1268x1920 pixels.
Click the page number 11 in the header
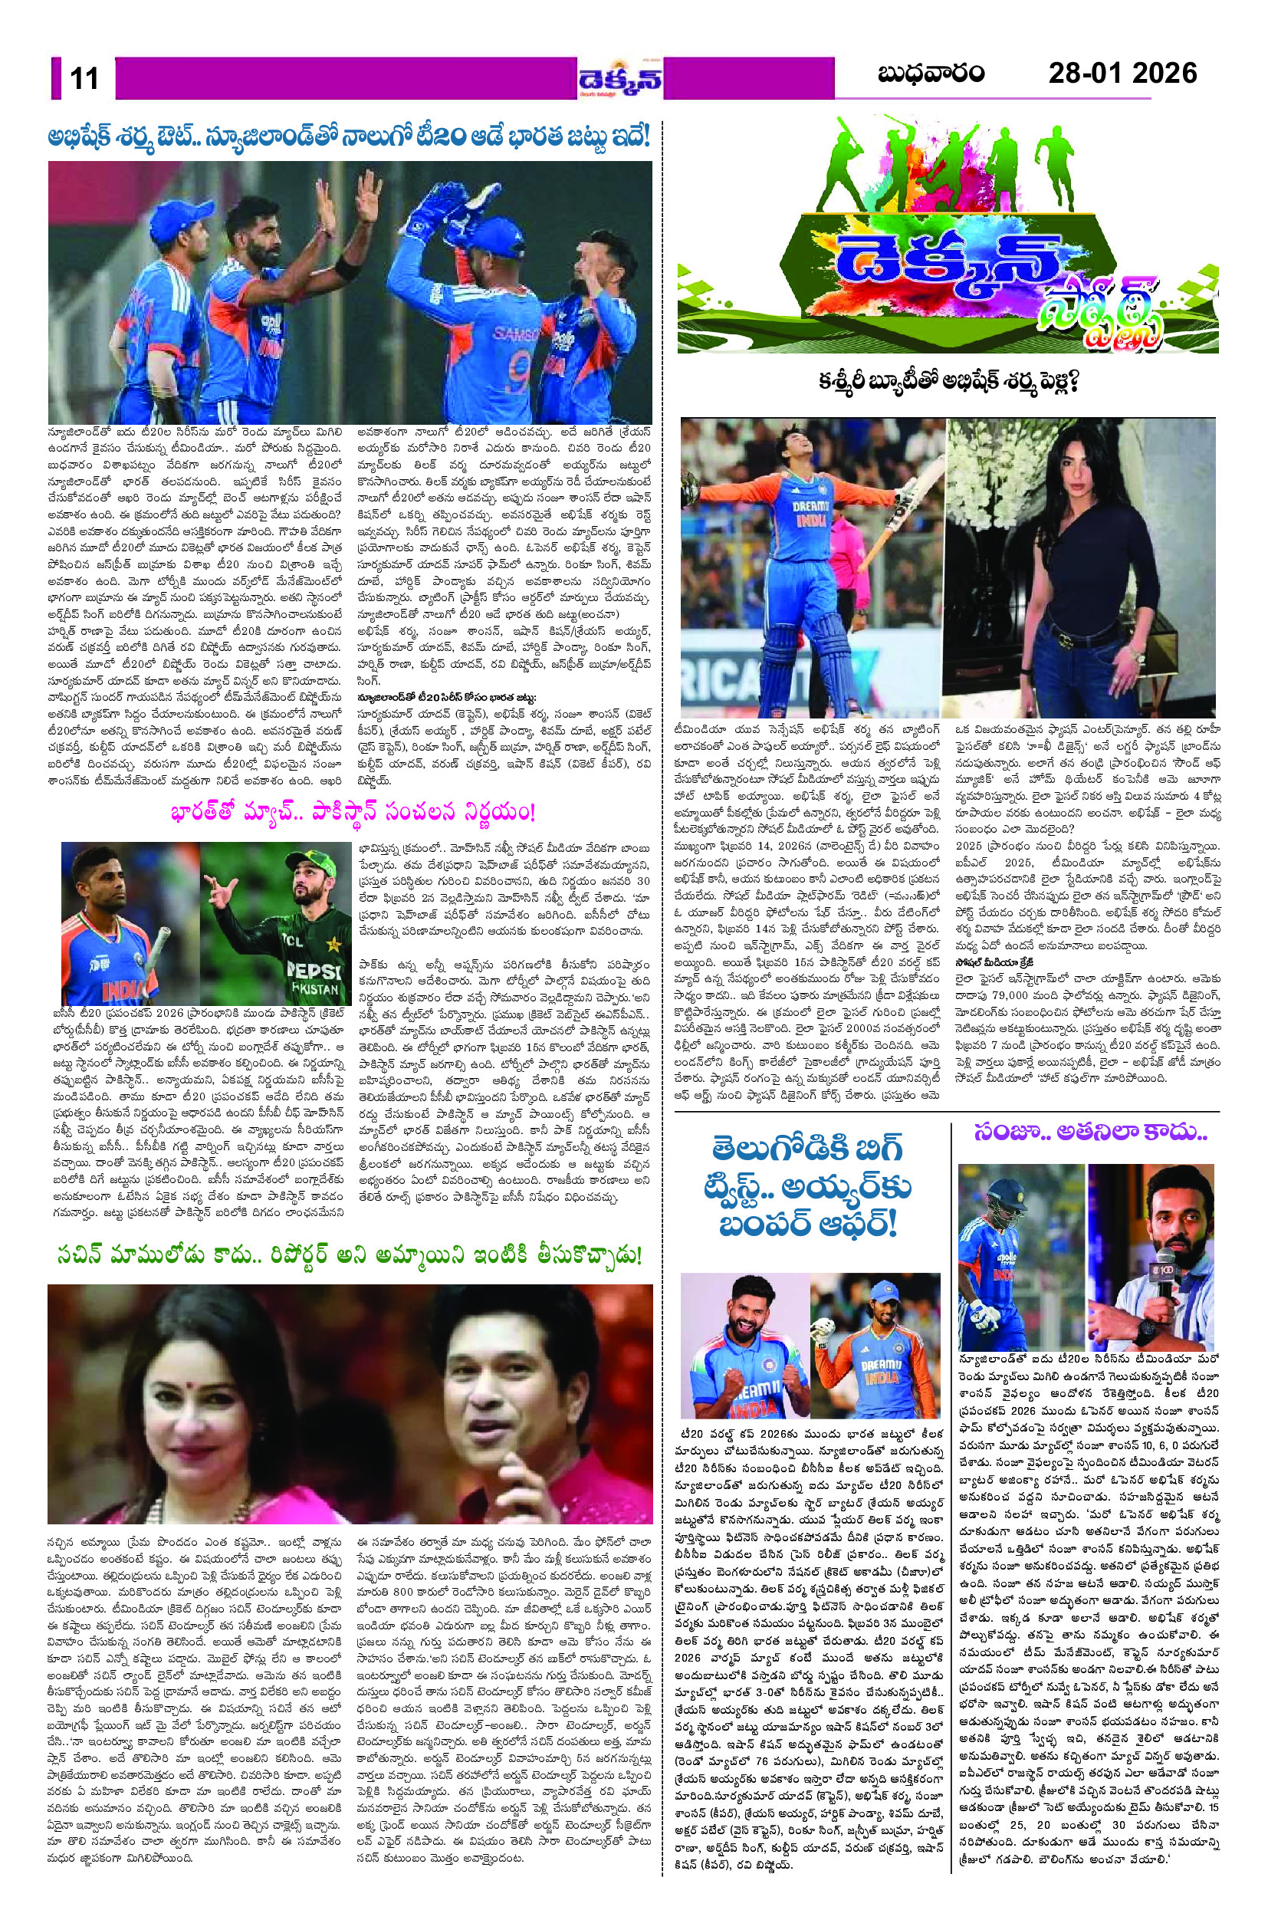tap(84, 78)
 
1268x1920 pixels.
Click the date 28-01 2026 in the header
tap(1122, 74)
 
